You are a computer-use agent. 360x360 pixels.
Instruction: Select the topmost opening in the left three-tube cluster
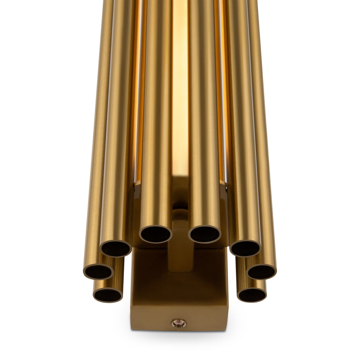[116, 246]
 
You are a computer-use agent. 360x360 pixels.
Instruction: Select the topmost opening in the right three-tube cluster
[245, 246]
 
